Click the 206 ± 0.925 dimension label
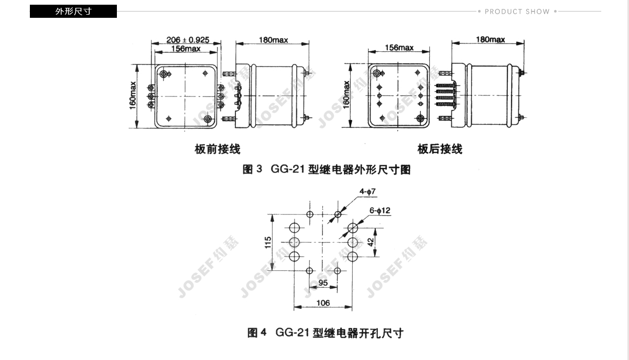coord(188,40)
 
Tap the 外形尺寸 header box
coord(73,11)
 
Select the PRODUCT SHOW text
coord(517,12)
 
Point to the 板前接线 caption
coord(218,149)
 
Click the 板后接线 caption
coord(440,149)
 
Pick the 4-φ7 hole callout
coord(367,191)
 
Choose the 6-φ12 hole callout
coord(379,210)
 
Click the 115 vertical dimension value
coord(268,242)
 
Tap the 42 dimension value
coord(371,242)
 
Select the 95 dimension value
coord(323,283)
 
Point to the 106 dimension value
coord(323,303)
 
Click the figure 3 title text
coord(326,169)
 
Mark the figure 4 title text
coord(325,333)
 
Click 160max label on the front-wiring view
coord(133,96)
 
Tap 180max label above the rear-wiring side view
coord(490,40)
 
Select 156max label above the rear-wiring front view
coord(399,48)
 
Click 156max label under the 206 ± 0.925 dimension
coord(186,49)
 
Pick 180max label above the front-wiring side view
coord(273,40)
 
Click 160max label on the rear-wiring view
coord(346,95)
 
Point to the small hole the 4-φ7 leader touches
coord(338,214)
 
